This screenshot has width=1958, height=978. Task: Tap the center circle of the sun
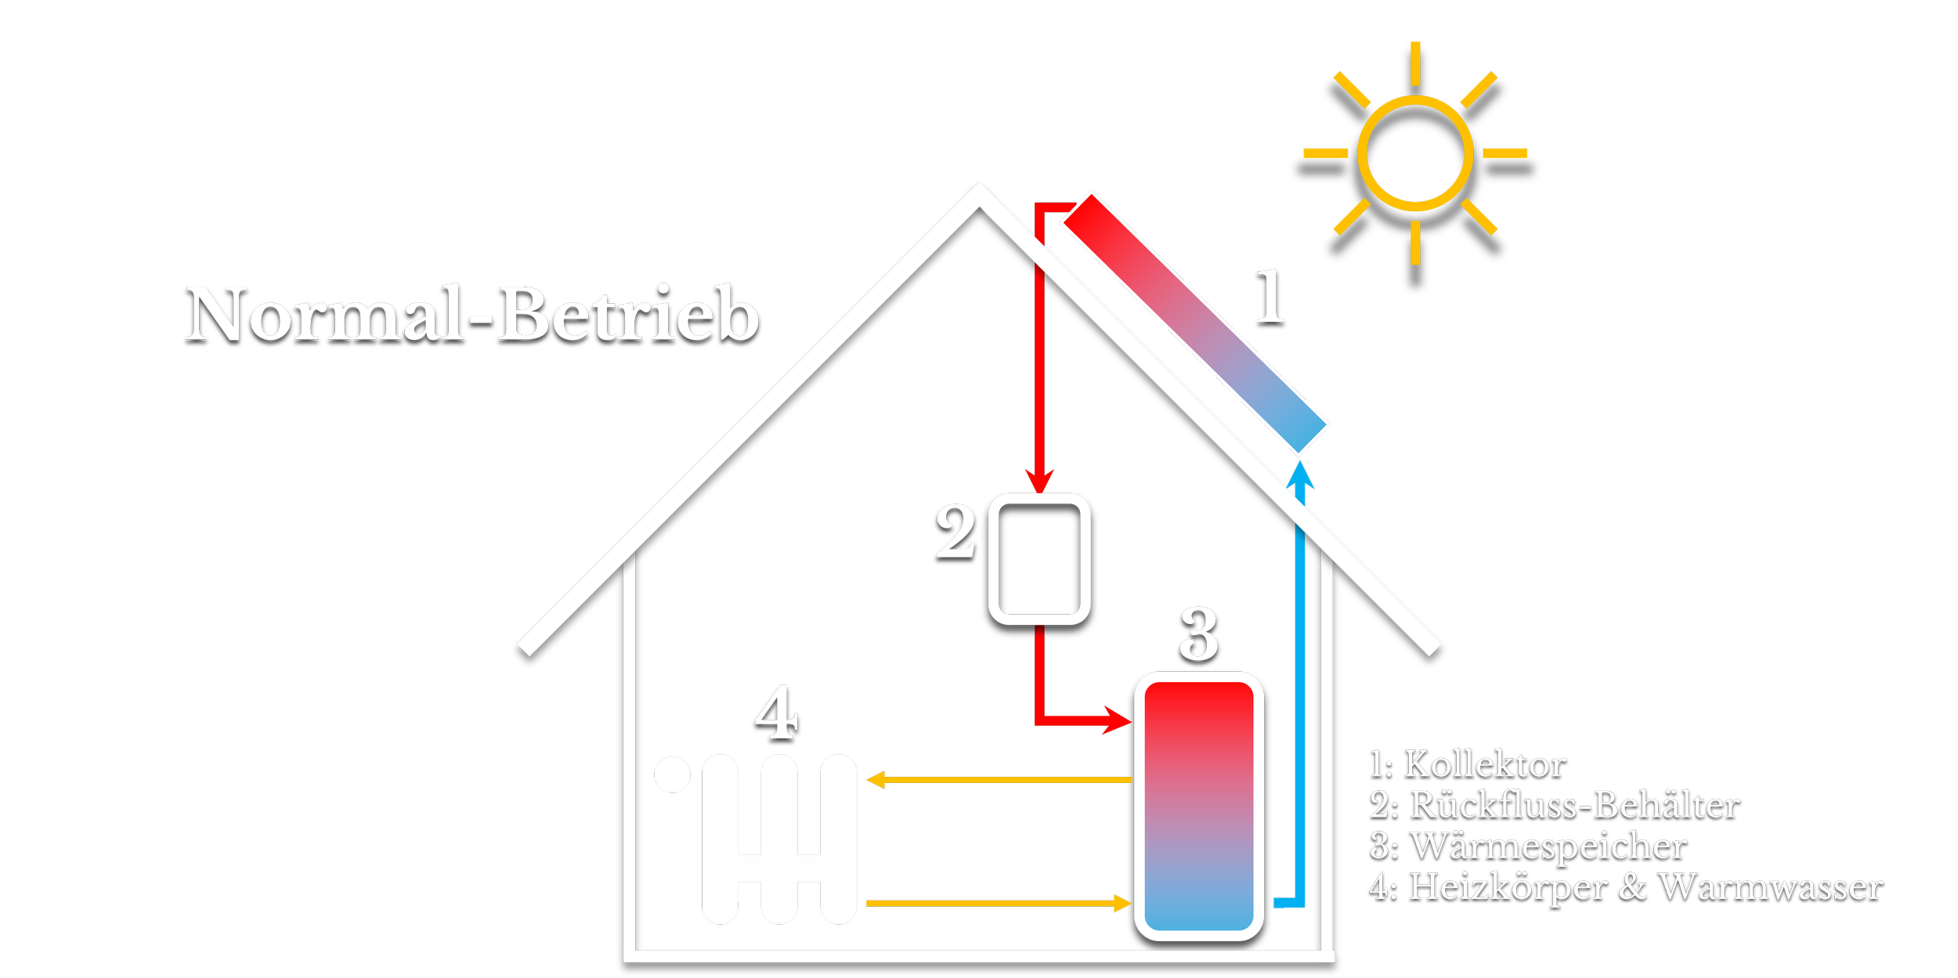(x=1414, y=153)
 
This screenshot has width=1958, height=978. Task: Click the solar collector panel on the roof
(x=1194, y=323)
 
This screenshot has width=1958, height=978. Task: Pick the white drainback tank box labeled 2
(x=1039, y=558)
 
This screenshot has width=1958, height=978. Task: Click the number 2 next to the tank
(x=956, y=532)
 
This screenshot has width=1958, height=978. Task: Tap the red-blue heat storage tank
(x=1198, y=806)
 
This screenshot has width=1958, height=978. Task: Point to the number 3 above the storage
(x=1199, y=633)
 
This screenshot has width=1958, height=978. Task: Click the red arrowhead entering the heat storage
(x=1118, y=719)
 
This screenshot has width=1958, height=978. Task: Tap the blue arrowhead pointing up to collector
(x=1300, y=475)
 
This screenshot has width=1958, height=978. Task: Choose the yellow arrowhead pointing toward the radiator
(x=876, y=780)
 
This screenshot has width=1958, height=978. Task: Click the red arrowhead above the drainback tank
(x=1039, y=481)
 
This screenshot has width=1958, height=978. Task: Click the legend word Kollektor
(x=1485, y=764)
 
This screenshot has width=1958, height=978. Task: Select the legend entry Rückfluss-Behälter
(x=1575, y=805)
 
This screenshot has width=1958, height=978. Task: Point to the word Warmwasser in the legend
(x=1770, y=887)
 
